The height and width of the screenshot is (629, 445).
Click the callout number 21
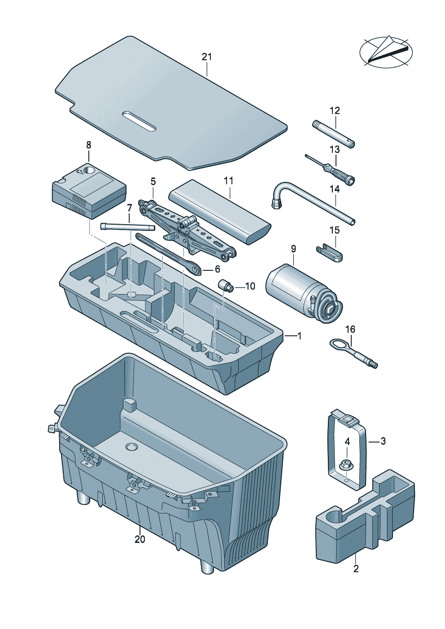(206, 57)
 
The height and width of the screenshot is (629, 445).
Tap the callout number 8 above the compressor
(88, 145)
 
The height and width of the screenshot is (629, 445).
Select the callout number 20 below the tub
(140, 539)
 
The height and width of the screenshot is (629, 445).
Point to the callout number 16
(350, 330)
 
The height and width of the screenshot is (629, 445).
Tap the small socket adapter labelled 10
(224, 285)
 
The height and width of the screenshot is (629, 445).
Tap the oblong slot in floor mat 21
(139, 121)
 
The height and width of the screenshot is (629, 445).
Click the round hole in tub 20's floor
(131, 447)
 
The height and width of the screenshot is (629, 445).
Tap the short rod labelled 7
(128, 226)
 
